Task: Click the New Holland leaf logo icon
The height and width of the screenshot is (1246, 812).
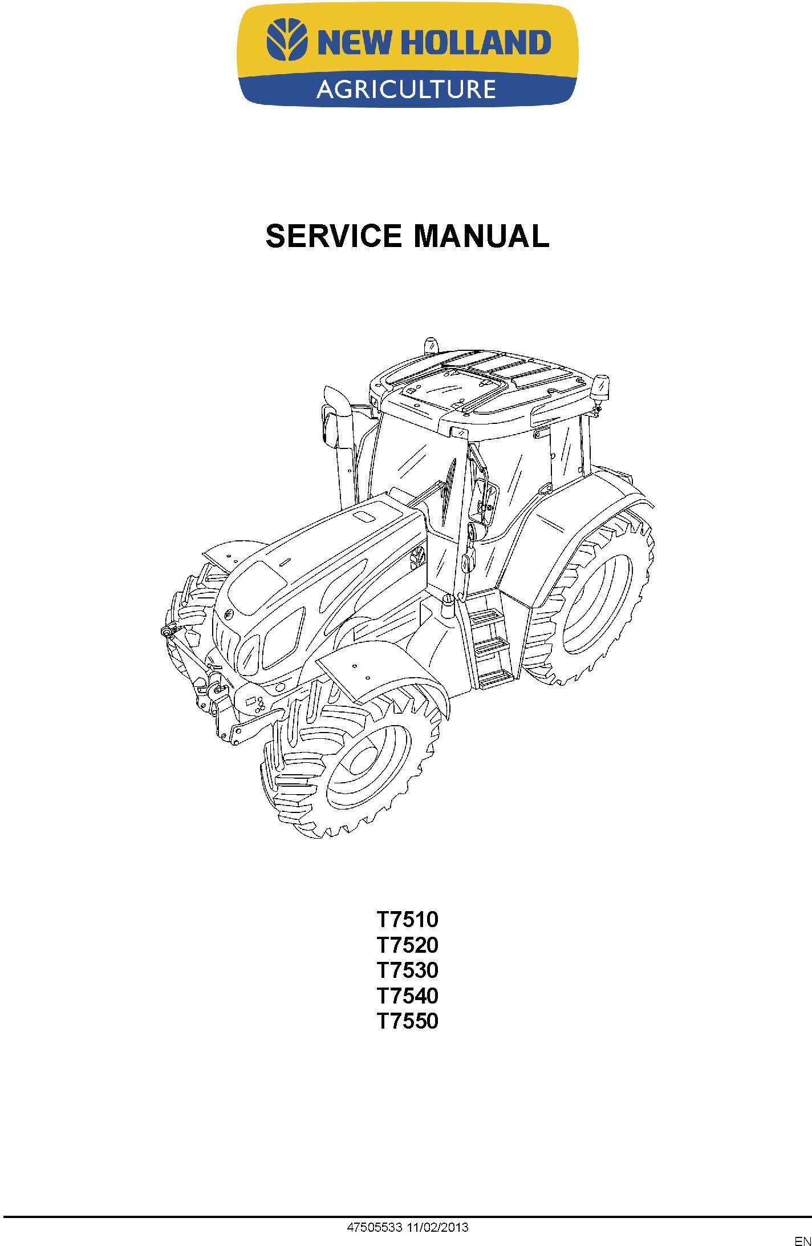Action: [x=289, y=41]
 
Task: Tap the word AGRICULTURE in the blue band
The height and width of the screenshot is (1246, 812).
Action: [x=405, y=89]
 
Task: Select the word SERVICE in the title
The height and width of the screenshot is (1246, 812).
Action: [x=335, y=236]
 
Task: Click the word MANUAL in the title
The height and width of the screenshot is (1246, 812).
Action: [x=481, y=236]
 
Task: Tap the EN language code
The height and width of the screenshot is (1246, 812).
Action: [x=803, y=1240]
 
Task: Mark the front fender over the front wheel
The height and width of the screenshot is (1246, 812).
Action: [x=376, y=673]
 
